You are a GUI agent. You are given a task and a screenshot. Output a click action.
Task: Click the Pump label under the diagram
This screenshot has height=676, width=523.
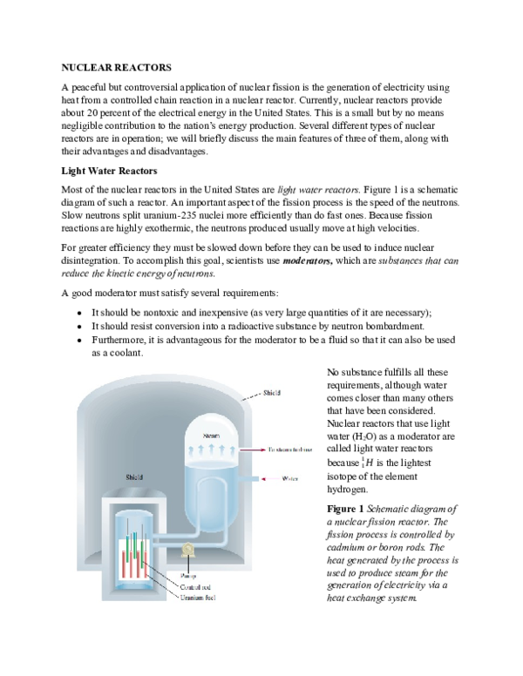[188, 576]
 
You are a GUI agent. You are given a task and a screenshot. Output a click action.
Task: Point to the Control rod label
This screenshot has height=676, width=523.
[196, 586]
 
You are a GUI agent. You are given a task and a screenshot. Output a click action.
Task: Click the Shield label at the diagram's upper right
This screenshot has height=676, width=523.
[272, 394]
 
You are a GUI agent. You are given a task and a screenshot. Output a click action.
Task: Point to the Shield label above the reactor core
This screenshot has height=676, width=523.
[134, 477]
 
